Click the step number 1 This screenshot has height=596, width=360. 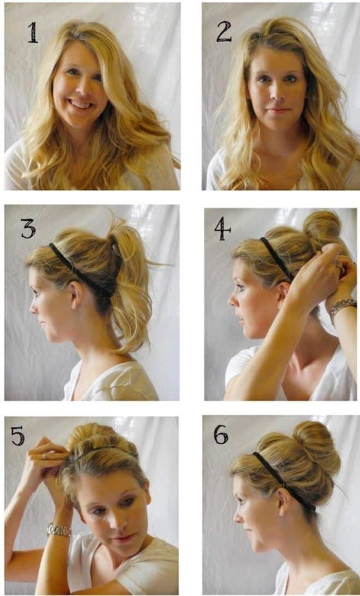click(x=33, y=32)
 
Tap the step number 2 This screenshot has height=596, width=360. click(x=224, y=32)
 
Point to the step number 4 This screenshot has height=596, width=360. click(x=222, y=230)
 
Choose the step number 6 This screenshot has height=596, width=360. click(x=221, y=435)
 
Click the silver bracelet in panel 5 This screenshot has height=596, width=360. click(x=59, y=530)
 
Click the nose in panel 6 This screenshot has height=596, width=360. click(x=237, y=517)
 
